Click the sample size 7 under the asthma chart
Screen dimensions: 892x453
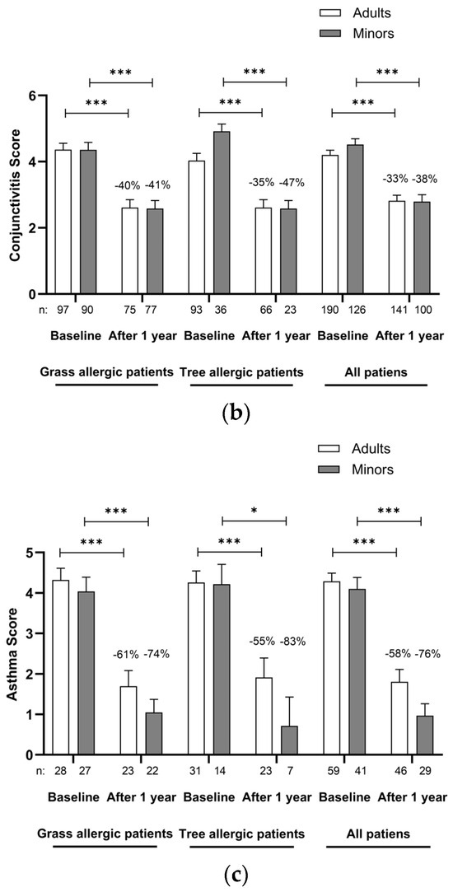pyautogui.click(x=289, y=775)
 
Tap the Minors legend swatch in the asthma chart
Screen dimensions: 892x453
pyautogui.click(x=330, y=470)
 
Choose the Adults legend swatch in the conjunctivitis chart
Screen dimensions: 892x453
pyautogui.click(x=330, y=14)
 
